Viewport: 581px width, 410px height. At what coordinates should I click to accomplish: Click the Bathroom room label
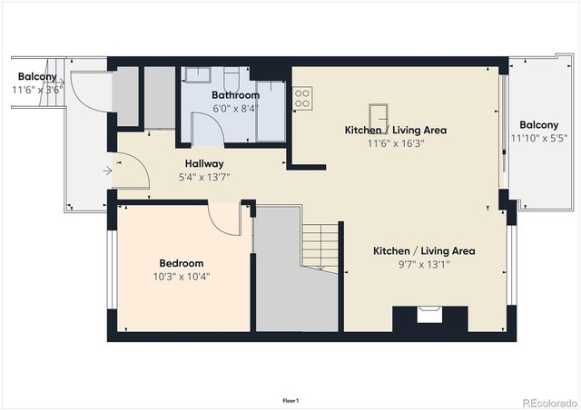(x=235, y=95)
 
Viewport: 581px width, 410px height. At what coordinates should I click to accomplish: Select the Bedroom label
(x=182, y=263)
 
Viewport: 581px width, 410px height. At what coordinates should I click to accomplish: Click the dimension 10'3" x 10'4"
(x=182, y=276)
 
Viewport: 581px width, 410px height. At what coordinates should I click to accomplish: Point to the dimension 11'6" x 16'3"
(x=395, y=142)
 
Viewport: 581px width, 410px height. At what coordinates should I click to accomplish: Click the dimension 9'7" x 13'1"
(x=425, y=264)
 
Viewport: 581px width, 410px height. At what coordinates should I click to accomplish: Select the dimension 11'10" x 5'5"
(x=538, y=138)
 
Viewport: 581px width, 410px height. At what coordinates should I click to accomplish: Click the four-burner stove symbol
(x=302, y=98)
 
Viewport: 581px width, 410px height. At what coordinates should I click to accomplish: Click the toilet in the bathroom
(x=231, y=76)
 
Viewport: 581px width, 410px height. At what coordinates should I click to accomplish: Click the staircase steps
(x=320, y=246)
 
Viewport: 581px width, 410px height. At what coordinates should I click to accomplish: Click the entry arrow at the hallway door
(x=107, y=170)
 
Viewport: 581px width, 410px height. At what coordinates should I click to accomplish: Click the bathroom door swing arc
(x=208, y=129)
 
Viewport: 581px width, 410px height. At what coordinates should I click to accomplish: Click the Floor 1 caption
(x=290, y=400)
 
